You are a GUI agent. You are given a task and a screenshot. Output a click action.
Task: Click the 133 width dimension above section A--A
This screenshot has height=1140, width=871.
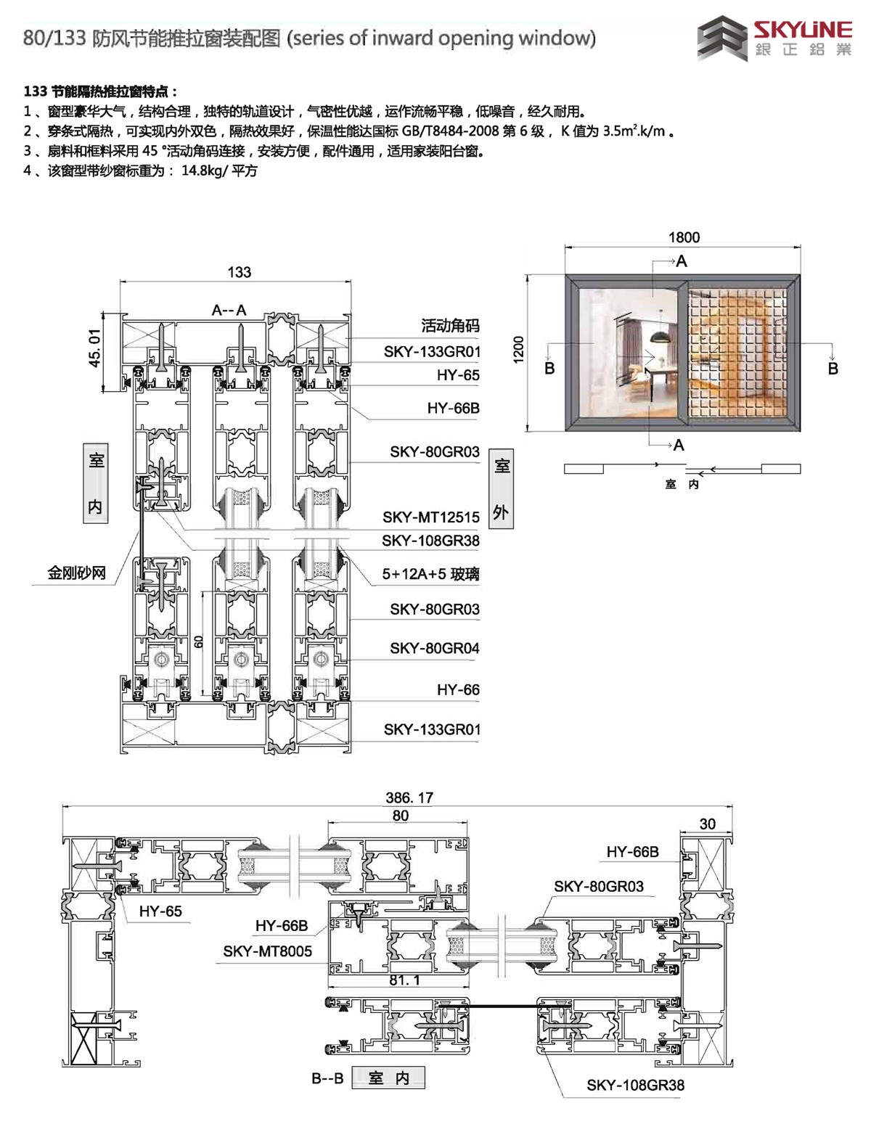[239, 272]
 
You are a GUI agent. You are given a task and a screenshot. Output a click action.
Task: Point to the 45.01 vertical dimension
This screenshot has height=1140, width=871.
[95, 349]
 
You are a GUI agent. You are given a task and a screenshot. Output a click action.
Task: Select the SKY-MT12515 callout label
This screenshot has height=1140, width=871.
[431, 517]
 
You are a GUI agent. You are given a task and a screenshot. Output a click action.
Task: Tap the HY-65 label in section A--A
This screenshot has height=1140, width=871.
[458, 375]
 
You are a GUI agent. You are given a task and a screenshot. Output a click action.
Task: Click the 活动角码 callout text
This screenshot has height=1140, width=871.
[450, 326]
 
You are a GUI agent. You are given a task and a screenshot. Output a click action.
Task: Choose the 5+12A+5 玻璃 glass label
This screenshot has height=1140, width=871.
[430, 575]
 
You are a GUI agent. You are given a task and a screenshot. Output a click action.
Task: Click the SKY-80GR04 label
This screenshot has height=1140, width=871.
[434, 648]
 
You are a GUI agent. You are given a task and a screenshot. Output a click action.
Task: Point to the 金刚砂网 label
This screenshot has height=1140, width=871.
[77, 573]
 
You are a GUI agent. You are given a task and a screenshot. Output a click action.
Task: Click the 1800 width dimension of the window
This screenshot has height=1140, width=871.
[684, 237]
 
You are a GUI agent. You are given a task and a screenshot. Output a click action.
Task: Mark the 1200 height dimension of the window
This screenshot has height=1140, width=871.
[518, 350]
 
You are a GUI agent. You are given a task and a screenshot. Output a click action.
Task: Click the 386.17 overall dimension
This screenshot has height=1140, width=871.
[409, 797]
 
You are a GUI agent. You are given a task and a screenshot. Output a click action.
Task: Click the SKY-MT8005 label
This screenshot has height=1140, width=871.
[267, 951]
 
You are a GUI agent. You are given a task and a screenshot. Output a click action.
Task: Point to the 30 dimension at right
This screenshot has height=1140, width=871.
[707, 824]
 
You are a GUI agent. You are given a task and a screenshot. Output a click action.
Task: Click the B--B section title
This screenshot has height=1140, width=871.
[327, 1078]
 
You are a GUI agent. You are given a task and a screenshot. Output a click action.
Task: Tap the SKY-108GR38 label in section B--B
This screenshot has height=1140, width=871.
[635, 1086]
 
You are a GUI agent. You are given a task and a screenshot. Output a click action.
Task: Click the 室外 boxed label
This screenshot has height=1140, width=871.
[501, 489]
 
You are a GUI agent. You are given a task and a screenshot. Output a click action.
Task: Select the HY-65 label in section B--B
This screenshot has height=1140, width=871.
[160, 911]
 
